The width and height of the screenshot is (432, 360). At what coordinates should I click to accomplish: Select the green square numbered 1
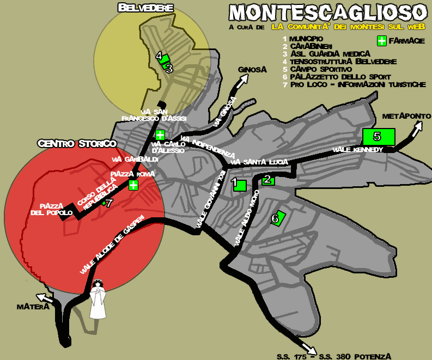239,185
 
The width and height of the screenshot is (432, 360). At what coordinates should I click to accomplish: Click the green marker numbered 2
268,180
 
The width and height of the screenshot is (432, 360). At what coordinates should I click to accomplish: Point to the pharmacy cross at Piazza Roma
133,185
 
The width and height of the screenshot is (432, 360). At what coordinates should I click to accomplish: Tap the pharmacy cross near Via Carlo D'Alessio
160,135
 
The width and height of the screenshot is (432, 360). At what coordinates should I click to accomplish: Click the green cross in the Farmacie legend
382,41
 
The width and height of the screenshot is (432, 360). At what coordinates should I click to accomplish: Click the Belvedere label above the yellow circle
145,8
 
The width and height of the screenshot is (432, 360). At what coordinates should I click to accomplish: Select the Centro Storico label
77,144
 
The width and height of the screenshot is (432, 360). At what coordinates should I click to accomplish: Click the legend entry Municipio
306,39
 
